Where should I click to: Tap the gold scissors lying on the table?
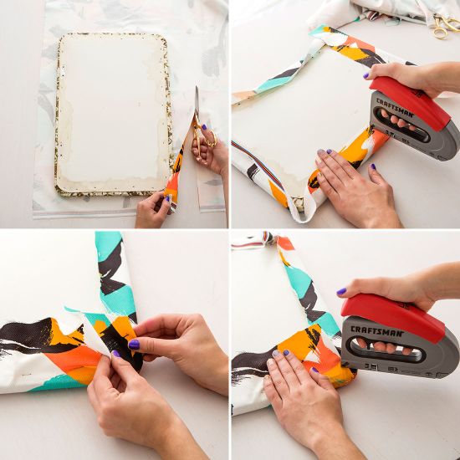tap(444, 25)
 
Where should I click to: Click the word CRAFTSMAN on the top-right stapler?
tap(395, 108)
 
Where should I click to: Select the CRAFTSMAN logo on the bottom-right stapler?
tap(377, 331)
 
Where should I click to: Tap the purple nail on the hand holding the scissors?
tap(204, 127)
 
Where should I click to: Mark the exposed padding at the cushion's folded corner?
tap(299, 204)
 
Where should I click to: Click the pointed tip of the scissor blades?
tap(197, 86)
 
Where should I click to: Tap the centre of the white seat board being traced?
tap(113, 113)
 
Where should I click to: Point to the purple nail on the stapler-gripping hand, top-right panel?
tap(365, 75)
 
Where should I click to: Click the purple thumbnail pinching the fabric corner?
tap(134, 345)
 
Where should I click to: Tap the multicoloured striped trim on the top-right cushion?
tap(258, 163)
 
